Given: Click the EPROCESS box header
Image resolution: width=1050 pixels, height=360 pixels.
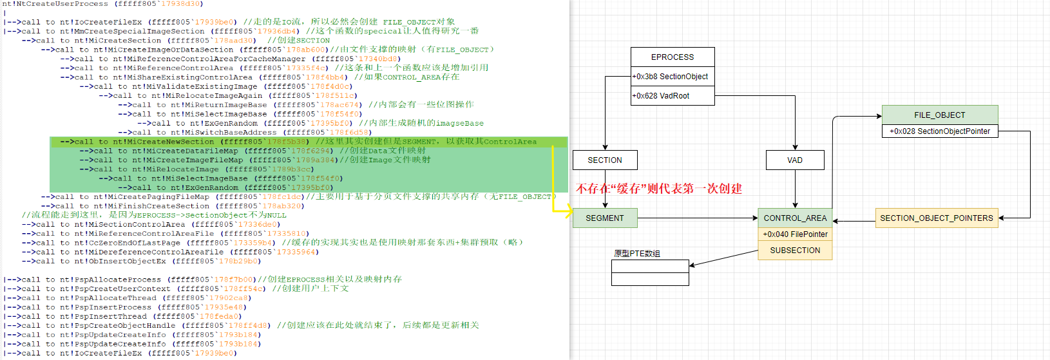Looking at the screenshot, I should coord(673,57).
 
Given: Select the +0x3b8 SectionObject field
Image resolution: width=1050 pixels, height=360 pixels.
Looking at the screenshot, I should coord(670,77).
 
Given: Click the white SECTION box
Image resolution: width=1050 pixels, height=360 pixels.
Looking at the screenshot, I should coord(605,160).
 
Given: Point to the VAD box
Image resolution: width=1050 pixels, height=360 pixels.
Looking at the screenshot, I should coord(795,160).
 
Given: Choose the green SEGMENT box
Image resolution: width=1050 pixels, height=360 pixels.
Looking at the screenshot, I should coord(605,218).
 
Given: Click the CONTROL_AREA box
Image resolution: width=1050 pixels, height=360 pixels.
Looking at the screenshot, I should coord(795,218).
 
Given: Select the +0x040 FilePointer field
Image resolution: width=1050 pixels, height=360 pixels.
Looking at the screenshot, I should coord(795,234).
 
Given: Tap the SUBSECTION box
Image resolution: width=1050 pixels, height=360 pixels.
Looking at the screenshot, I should coord(795,251).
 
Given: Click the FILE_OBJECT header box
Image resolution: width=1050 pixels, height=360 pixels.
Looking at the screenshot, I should coord(939,115).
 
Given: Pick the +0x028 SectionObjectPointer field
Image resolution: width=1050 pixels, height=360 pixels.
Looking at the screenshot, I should coord(939,131).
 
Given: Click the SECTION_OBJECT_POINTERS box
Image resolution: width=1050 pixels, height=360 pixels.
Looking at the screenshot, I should coord(936,218).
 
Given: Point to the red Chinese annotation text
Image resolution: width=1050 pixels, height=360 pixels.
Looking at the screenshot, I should coord(658,189).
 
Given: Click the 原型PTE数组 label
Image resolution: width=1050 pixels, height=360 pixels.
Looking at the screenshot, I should coord(637,254).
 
